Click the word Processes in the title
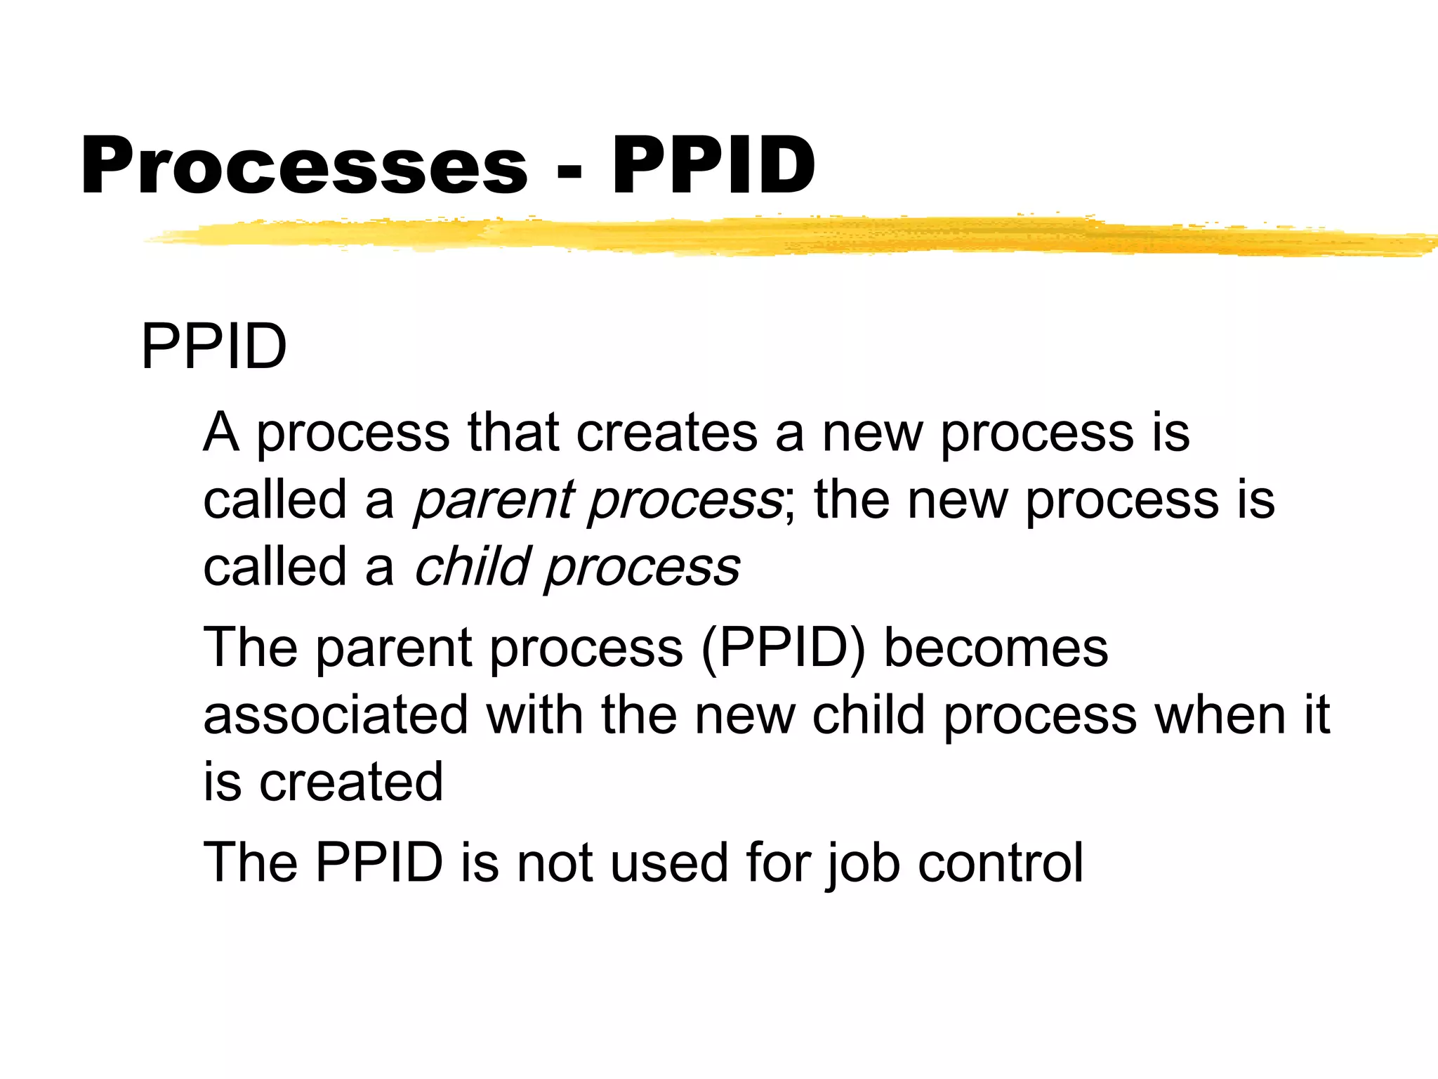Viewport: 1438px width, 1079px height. [303, 166]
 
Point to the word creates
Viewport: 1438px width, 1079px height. [666, 432]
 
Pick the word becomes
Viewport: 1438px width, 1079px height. [995, 647]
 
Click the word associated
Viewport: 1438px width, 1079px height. [335, 714]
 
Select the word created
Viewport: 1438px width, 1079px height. [351, 781]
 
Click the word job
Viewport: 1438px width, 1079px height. [862, 863]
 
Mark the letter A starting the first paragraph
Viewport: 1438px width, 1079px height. [221, 432]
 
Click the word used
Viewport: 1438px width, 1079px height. [668, 863]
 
